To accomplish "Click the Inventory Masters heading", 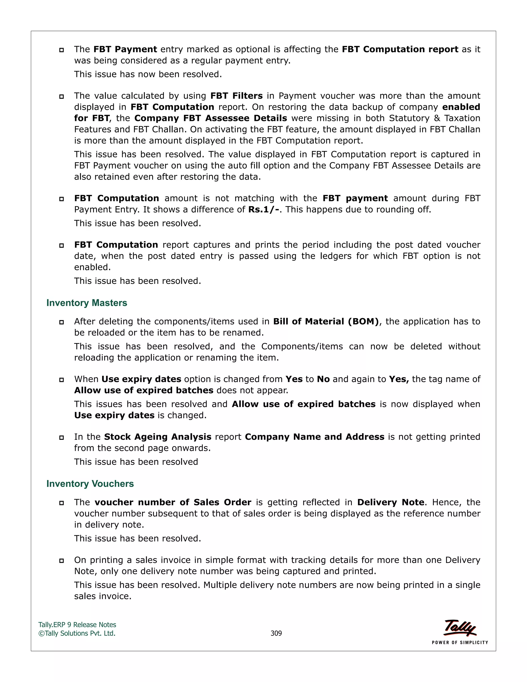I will pyautogui.click(x=86, y=303).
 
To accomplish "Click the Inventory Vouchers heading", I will pyautogui.click(x=90, y=484).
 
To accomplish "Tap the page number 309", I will pyautogui.click(x=276, y=633).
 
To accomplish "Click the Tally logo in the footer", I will pyautogui.click(x=460, y=628).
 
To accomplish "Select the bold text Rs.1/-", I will pyautogui.click(x=263, y=209).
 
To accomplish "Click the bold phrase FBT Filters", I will pyautogui.click(x=236, y=96).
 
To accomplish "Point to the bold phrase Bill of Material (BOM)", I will pyautogui.click(x=326, y=322).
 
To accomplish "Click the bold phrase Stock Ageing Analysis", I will pyautogui.click(x=158, y=437).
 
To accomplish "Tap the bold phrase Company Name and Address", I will pyautogui.click(x=314, y=437).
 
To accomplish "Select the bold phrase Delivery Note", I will pyautogui.click(x=391, y=502).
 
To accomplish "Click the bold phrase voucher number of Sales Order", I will pyautogui.click(x=173, y=502).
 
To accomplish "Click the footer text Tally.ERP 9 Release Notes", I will pyautogui.click(x=77, y=625).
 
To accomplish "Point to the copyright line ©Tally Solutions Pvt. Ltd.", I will pyautogui.click(x=77, y=633).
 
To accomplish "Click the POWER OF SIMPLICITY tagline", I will pyautogui.click(x=460, y=643).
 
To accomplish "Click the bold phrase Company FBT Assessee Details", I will pyautogui.click(x=210, y=118).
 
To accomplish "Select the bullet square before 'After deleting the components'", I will pyautogui.click(x=62, y=322).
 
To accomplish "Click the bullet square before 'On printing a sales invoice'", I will pyautogui.click(x=62, y=561).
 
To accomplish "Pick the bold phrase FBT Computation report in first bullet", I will pyautogui.click(x=400, y=49).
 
